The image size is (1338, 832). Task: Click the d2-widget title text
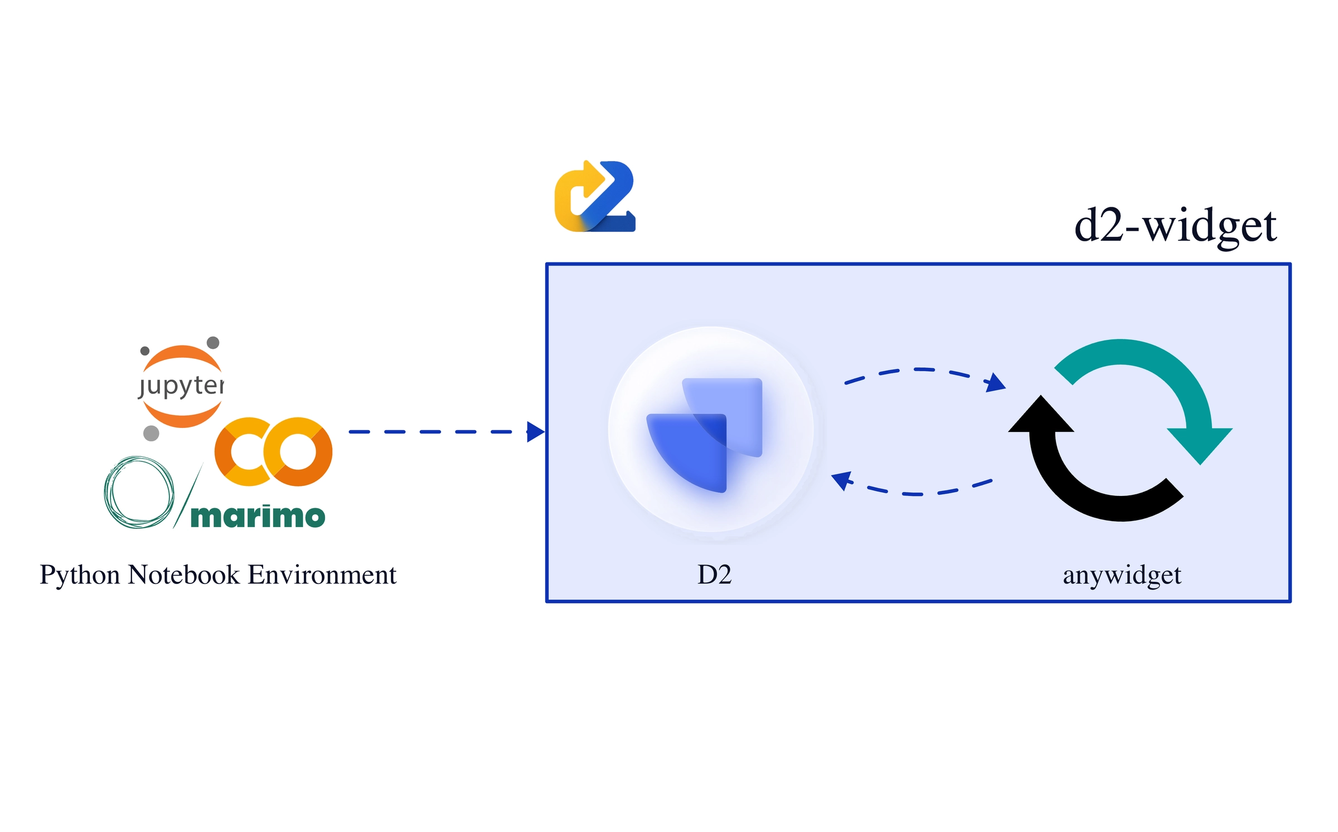[x=1175, y=226]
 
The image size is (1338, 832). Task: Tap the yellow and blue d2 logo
[x=595, y=196]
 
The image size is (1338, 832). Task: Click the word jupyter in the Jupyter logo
[x=181, y=386]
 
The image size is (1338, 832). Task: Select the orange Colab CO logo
[x=273, y=451]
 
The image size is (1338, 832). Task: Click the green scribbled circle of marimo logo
[x=139, y=492]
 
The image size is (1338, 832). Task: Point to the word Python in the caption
[x=79, y=575]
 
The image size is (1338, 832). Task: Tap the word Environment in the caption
[x=322, y=575]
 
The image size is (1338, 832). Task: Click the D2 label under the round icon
[x=714, y=575]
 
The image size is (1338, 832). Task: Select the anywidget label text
[x=1122, y=576]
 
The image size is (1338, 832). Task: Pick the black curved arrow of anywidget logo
[x=1076, y=479]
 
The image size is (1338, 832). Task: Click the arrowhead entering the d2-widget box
[x=535, y=432]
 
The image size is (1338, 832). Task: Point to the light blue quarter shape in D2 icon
[x=736, y=407]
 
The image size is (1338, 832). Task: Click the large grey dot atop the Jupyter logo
[x=213, y=342]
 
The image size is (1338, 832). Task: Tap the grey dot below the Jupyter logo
[x=151, y=433]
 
